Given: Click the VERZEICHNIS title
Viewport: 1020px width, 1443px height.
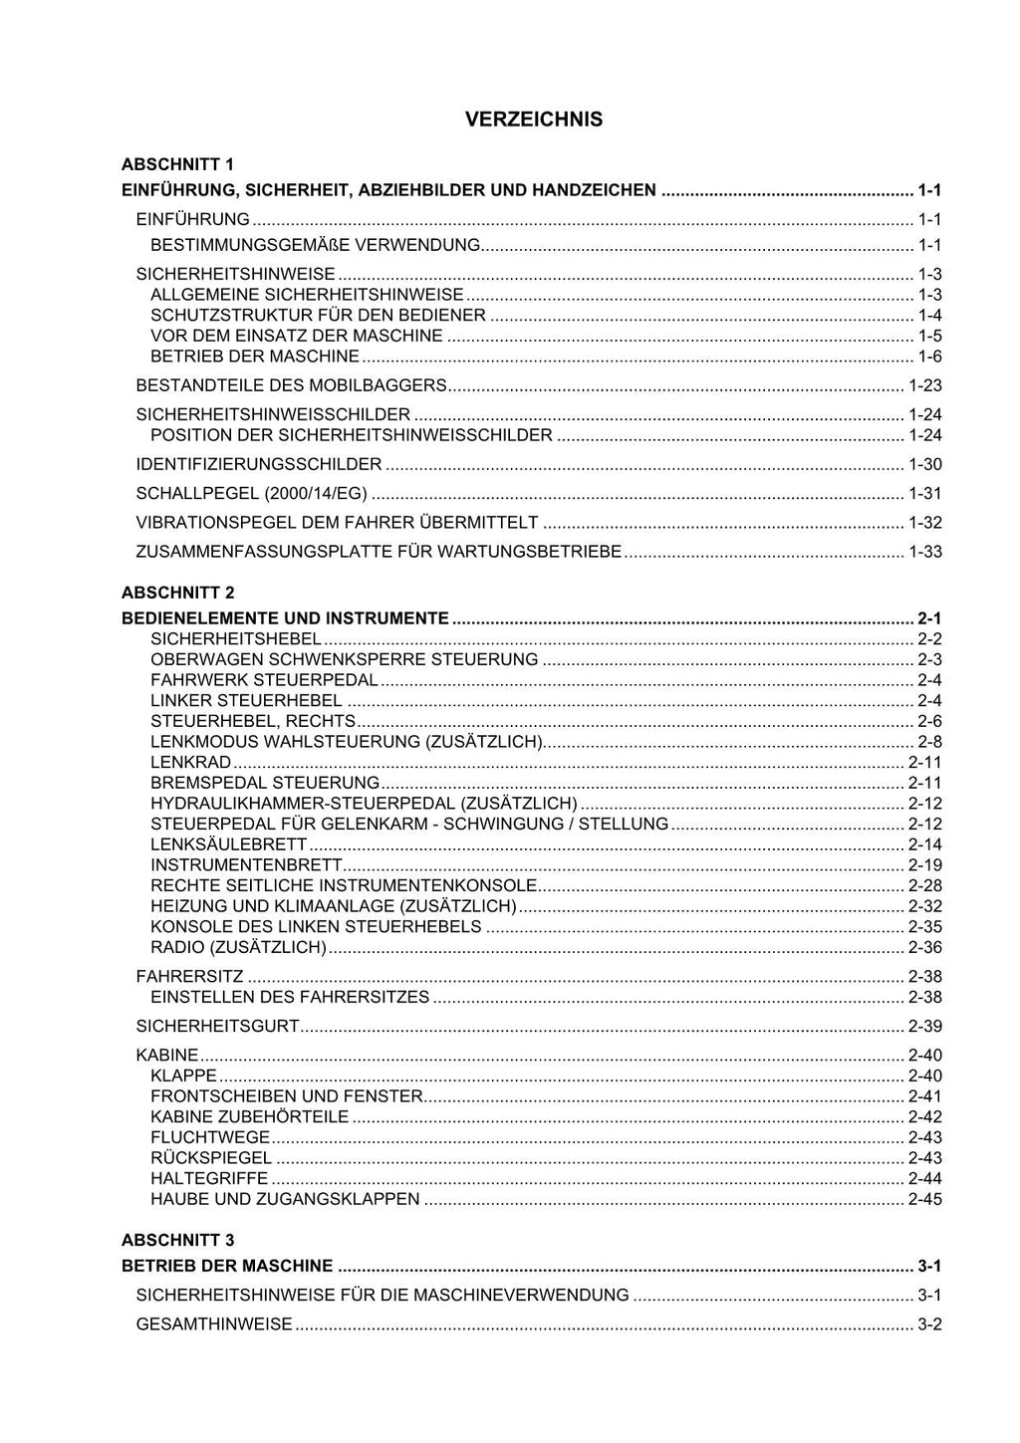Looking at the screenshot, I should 533,120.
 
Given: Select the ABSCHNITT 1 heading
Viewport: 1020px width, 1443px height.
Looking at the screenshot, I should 177,164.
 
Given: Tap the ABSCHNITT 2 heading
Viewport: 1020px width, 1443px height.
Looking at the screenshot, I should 177,593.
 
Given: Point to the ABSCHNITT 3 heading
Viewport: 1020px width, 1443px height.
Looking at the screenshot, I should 177,1240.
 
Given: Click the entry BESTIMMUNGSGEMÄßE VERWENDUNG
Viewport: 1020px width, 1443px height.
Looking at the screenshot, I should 315,245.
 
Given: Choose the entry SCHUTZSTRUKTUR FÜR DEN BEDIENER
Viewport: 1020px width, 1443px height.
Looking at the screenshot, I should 318,316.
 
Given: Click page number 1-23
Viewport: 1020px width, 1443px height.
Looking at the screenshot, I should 924,385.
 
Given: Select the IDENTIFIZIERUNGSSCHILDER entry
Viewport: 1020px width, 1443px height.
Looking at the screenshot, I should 258,464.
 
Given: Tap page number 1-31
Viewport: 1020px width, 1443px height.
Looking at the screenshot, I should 924,493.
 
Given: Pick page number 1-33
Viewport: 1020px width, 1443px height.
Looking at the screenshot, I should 924,552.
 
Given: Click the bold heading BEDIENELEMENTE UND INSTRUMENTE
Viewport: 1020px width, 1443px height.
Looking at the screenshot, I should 285,618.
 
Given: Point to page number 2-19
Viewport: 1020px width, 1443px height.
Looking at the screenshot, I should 924,865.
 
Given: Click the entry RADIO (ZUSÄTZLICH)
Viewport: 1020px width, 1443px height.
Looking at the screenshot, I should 238,948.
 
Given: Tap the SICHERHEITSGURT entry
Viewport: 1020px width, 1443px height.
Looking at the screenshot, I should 217,1027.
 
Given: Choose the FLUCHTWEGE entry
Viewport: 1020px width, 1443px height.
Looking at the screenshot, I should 210,1137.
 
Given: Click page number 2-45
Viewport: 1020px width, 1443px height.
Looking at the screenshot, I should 924,1200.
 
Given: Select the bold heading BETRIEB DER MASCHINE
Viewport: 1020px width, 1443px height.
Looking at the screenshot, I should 227,1266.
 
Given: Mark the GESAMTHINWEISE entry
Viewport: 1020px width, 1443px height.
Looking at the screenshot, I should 214,1324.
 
